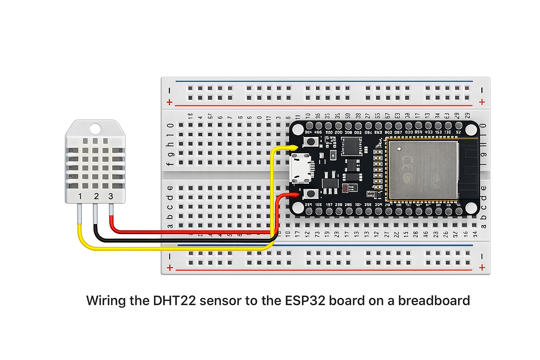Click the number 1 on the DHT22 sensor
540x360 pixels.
[80, 196]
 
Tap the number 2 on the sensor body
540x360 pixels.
[96, 196]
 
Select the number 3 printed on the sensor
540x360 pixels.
[111, 196]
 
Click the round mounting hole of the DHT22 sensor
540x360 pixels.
[95, 129]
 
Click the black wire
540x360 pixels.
[176, 240]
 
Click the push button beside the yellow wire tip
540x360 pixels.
[311, 142]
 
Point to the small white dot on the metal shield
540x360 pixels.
[399, 149]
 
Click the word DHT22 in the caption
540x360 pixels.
[174, 301]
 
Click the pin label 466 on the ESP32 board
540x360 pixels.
[318, 132]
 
